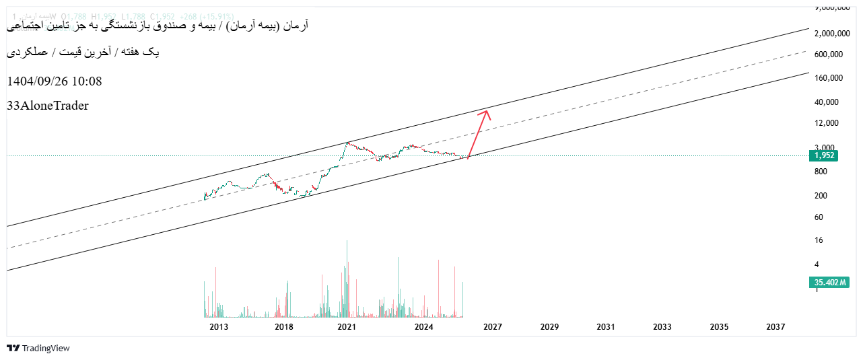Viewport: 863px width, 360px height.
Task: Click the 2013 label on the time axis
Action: tap(219, 326)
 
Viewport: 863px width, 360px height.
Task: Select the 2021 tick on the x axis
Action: tap(347, 326)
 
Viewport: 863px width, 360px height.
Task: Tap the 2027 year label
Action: tap(493, 326)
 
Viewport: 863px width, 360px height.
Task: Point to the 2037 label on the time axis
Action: tap(775, 326)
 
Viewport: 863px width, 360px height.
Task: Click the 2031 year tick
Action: tap(606, 326)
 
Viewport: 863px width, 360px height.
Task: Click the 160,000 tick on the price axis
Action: tap(829, 78)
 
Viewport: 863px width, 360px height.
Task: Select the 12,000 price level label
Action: tap(826, 123)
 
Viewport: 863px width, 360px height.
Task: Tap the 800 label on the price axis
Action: tap(821, 172)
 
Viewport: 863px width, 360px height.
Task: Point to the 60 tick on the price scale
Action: tap(819, 217)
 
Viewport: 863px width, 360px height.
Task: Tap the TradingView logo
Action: tap(38, 348)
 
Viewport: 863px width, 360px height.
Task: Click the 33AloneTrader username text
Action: tap(48, 106)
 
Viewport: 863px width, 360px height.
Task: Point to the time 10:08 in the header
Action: tap(88, 81)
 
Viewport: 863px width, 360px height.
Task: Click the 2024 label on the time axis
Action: tap(423, 326)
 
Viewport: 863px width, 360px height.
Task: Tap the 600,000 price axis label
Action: tap(829, 55)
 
